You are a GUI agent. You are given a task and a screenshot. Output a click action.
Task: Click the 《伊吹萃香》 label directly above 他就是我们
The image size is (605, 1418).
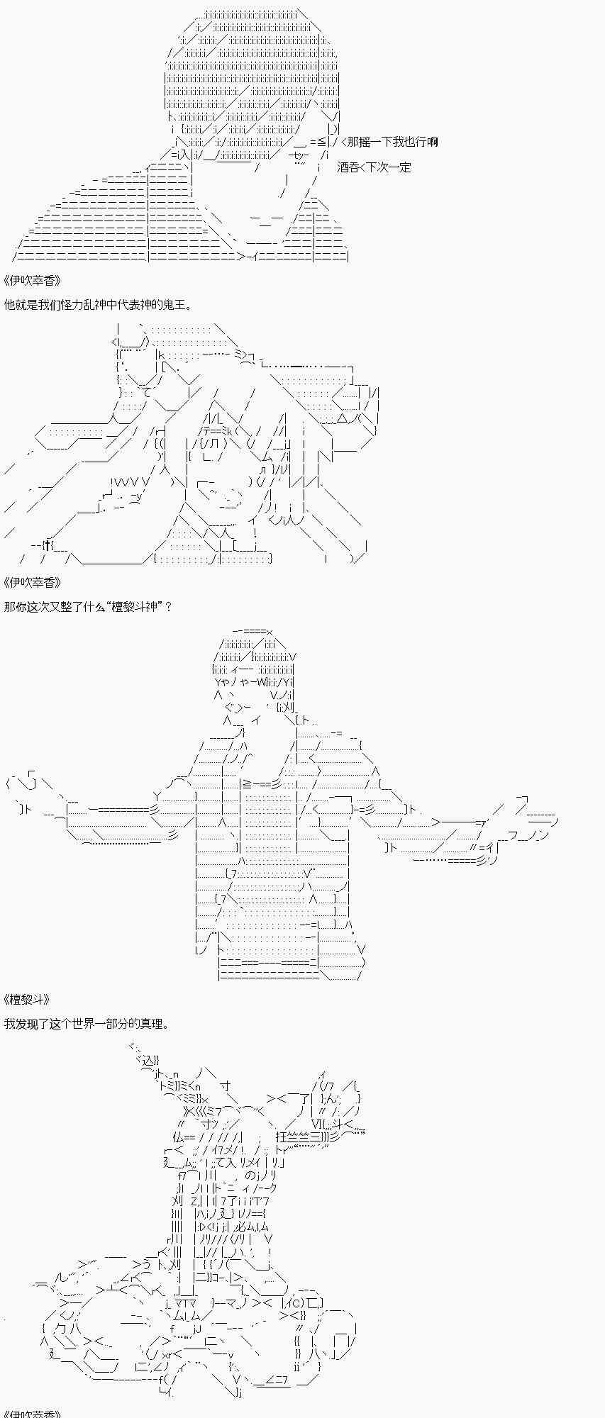click(33, 279)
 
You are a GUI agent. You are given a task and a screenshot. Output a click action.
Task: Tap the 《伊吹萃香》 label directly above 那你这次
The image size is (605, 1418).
click(33, 582)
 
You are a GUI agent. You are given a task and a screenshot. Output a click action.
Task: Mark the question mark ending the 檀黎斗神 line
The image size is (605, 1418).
click(168, 607)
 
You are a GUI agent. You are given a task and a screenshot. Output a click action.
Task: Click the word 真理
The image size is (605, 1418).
click(152, 1024)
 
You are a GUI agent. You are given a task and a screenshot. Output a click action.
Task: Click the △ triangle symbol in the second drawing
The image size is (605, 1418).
click(343, 418)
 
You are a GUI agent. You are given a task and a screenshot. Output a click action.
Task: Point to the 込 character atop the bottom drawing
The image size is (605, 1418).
click(148, 1061)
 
